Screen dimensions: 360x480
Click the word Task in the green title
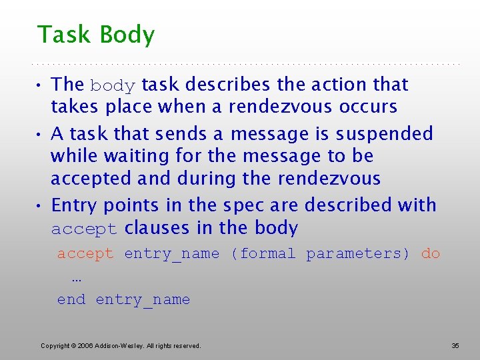tap(63, 35)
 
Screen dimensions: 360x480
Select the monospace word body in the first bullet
tap(113, 86)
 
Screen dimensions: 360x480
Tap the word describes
tap(228, 85)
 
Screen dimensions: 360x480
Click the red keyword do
tap(431, 253)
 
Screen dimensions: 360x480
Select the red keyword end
tap(71, 299)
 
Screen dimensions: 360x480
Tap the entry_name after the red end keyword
tap(143, 300)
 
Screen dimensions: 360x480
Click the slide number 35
tap(455, 345)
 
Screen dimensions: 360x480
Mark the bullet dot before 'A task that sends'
tap(41, 134)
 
